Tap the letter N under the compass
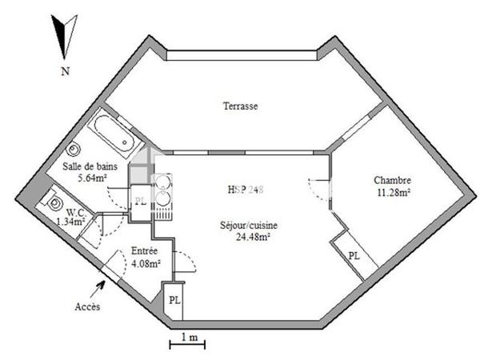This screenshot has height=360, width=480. point(63,71)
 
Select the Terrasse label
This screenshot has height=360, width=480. point(240,106)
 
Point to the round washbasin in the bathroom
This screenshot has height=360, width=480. point(74,149)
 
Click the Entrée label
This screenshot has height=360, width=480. point(144,251)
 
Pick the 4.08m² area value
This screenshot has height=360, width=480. point(146,262)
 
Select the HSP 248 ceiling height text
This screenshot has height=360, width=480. point(244,190)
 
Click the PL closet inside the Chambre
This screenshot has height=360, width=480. point(354,255)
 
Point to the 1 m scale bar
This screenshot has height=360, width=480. point(188,345)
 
